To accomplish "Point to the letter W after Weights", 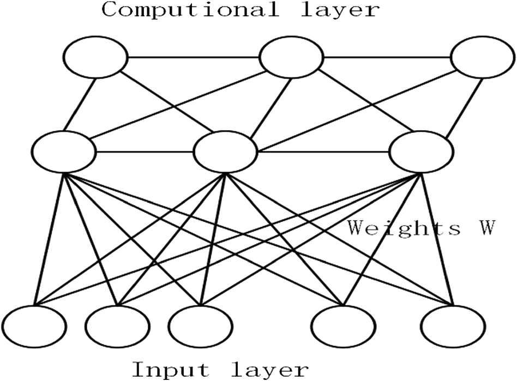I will pyautogui.click(x=485, y=228).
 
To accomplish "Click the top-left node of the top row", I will pyautogui.click(x=95, y=57).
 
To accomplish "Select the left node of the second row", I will pyautogui.click(x=64, y=152).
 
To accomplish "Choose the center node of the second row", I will pyautogui.click(x=225, y=152).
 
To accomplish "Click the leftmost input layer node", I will pyautogui.click(x=34, y=327).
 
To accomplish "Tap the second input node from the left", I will pyautogui.click(x=117, y=327).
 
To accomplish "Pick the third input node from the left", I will pyautogui.click(x=200, y=327).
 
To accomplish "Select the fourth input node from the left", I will pyautogui.click(x=344, y=327).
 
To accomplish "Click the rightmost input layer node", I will pyautogui.click(x=453, y=327).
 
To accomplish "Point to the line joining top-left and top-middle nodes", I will pyautogui.click(x=193, y=57).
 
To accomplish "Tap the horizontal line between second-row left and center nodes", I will pyautogui.click(x=145, y=152).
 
